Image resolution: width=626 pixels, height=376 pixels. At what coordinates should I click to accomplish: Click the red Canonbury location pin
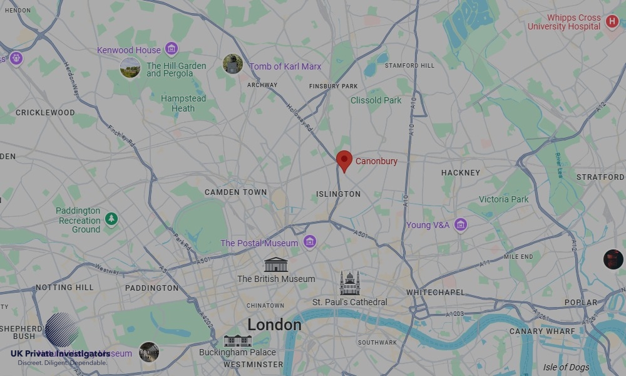point(344,160)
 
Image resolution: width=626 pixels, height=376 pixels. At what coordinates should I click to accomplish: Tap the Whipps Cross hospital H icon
point(612,23)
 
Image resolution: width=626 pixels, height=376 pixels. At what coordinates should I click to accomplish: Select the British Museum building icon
point(275,264)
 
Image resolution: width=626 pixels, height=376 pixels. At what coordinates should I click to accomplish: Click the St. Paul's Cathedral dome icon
point(350,283)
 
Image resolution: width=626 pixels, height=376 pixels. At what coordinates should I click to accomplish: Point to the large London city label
point(274,325)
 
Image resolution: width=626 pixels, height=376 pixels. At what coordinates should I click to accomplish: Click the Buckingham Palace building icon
point(237,340)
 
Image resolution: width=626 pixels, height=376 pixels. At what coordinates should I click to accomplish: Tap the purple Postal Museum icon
point(309,242)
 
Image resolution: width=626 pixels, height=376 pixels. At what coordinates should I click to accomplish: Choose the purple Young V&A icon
point(461,224)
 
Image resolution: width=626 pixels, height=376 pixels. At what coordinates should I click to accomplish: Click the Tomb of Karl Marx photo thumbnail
point(233,64)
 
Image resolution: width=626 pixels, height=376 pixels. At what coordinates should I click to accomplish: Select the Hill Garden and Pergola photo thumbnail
point(130,67)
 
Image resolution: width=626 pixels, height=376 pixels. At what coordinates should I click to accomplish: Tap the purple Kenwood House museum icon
point(172,50)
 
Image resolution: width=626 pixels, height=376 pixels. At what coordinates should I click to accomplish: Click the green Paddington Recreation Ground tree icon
point(111,219)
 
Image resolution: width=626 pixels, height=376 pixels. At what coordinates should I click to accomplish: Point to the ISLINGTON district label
point(338,194)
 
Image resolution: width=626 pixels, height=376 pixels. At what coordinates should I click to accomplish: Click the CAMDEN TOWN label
point(235,192)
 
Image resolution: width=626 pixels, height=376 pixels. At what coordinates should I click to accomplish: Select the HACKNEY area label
point(460,173)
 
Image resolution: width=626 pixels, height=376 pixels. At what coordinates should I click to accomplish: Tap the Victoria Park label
point(503,199)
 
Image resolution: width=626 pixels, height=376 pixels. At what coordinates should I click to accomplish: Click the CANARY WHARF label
point(542,331)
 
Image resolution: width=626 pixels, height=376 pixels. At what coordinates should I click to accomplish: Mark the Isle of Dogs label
point(565,367)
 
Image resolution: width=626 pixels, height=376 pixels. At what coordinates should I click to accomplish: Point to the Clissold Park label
point(376,100)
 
